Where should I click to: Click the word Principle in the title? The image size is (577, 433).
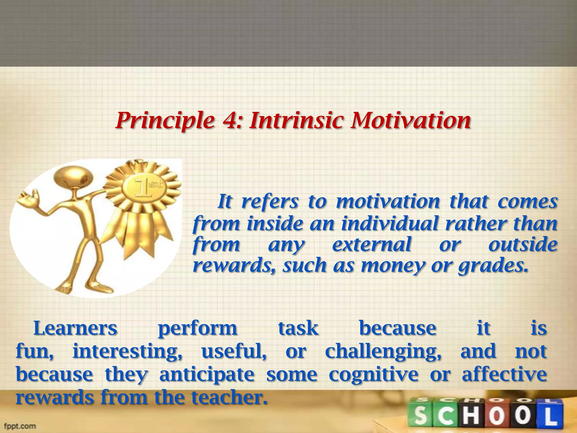tap(165, 121)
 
